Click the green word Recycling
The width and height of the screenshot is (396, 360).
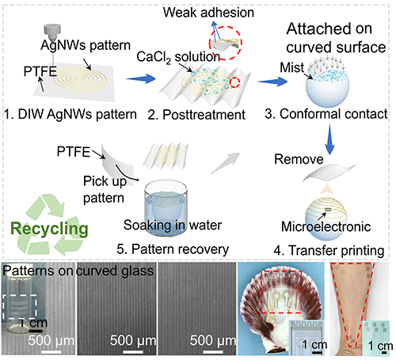coord(49,229)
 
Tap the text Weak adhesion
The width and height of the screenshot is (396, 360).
coord(208,13)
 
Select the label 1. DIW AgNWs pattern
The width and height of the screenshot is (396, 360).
coord(70,115)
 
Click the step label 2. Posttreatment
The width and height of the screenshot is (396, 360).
coord(196,115)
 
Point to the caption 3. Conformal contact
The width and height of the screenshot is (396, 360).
coord(326,114)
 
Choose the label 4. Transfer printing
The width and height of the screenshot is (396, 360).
coord(329,250)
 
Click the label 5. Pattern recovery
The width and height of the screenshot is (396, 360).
coord(173,249)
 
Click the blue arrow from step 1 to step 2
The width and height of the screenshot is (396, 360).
coord(141,78)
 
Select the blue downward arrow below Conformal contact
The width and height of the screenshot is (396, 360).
coord(329,139)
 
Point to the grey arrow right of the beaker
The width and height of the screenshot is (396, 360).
coord(226,163)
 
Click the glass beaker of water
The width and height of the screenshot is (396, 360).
coord(166,208)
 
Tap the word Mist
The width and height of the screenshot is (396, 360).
coord(292,67)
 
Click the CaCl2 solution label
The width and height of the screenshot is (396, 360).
coord(178,57)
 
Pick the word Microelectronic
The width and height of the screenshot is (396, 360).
coord(326,227)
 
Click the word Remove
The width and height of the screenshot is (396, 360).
coord(299,159)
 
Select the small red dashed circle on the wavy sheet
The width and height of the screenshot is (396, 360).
coord(234,82)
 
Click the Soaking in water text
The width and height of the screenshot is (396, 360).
coord(173,225)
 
